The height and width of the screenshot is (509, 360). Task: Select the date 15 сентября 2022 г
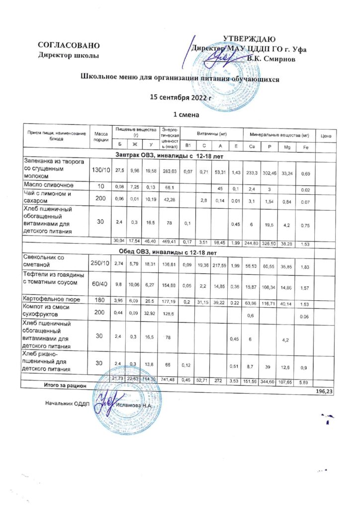coord(181,97)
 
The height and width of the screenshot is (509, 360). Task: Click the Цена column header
coord(327,135)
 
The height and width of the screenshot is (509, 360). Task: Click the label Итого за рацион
coord(65,386)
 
